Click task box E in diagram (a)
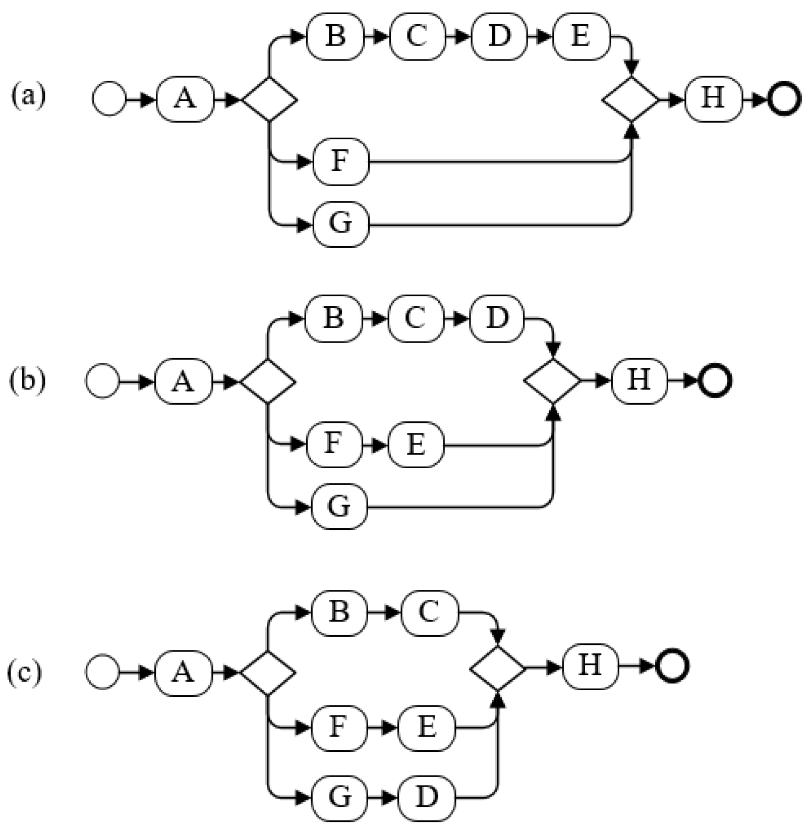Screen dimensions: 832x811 pos(581,37)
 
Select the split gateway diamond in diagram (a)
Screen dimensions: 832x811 pos(269,99)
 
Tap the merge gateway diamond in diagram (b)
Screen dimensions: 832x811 pos(553,381)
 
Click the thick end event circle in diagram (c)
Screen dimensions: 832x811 pos(672,667)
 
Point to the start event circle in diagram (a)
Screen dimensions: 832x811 pos(108,99)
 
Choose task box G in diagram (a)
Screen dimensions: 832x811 pos(341,224)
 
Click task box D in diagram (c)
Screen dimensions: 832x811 pos(427,798)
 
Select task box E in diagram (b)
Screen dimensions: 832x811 pos(416,445)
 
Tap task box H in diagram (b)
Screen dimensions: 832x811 pos(639,380)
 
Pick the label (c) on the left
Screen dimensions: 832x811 pos(24,673)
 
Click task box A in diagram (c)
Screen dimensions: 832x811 pos(184,673)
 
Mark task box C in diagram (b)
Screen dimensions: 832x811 pos(416,319)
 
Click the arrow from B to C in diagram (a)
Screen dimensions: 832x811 pos(376,37)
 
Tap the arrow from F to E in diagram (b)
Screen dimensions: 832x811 pos(375,445)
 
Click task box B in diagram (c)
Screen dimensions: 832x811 pos(339,613)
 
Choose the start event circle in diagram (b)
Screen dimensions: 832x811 pos(102,381)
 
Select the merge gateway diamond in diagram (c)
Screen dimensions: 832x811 pos(498,668)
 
